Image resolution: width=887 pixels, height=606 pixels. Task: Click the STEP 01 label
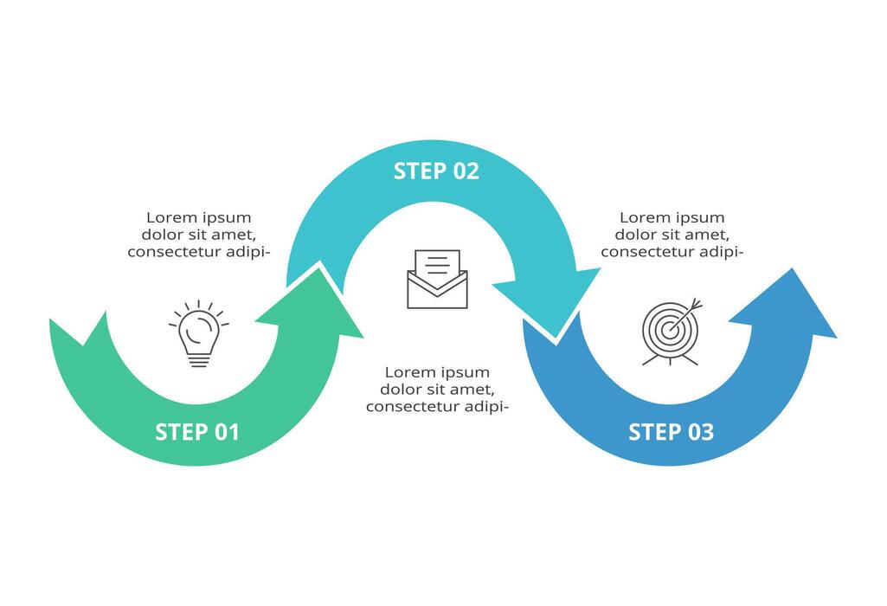196,431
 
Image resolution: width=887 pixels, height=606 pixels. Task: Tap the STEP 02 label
436,171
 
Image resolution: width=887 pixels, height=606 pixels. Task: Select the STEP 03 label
671,431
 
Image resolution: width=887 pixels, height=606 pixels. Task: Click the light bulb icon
199,334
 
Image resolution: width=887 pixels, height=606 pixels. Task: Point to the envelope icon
437,279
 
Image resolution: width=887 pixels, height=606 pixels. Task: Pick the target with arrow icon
672,332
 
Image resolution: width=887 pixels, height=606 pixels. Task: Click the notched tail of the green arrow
82,333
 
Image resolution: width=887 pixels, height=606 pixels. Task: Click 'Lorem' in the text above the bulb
168,217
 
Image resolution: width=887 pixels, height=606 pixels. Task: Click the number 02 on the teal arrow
465,171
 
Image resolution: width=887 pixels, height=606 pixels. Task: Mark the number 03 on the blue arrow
701,431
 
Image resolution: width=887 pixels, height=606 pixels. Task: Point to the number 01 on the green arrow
226,431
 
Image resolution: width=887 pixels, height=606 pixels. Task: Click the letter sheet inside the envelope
437,264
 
